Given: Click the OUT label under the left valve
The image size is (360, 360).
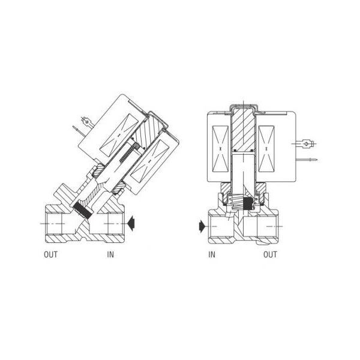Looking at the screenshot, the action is tap(50, 254).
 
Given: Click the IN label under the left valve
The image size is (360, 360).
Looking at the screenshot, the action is tap(110, 254).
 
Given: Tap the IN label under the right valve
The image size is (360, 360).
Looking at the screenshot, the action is tap(212, 254).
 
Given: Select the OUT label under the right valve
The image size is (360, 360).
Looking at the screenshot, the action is tap(270, 254).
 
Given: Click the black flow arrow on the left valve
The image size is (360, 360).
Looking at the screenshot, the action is tap(131, 224).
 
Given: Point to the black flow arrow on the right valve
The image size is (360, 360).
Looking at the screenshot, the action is tap(202, 226).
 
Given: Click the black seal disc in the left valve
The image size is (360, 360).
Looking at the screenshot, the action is tap(82, 209).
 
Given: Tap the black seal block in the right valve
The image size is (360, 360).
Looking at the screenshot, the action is tap(247, 203).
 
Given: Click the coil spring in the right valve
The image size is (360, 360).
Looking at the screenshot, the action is tap(236, 202).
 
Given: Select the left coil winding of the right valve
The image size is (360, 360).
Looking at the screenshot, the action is tap(220, 149).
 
